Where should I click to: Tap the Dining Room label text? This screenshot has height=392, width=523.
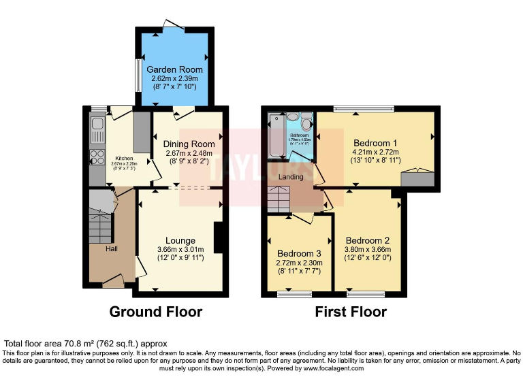click(x=189, y=144)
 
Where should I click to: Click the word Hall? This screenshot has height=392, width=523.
click(x=112, y=249)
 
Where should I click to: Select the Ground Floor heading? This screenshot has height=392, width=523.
click(x=156, y=312)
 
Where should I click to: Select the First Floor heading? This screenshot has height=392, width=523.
click(x=350, y=312)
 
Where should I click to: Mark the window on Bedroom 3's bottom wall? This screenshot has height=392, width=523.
click(x=294, y=295)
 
